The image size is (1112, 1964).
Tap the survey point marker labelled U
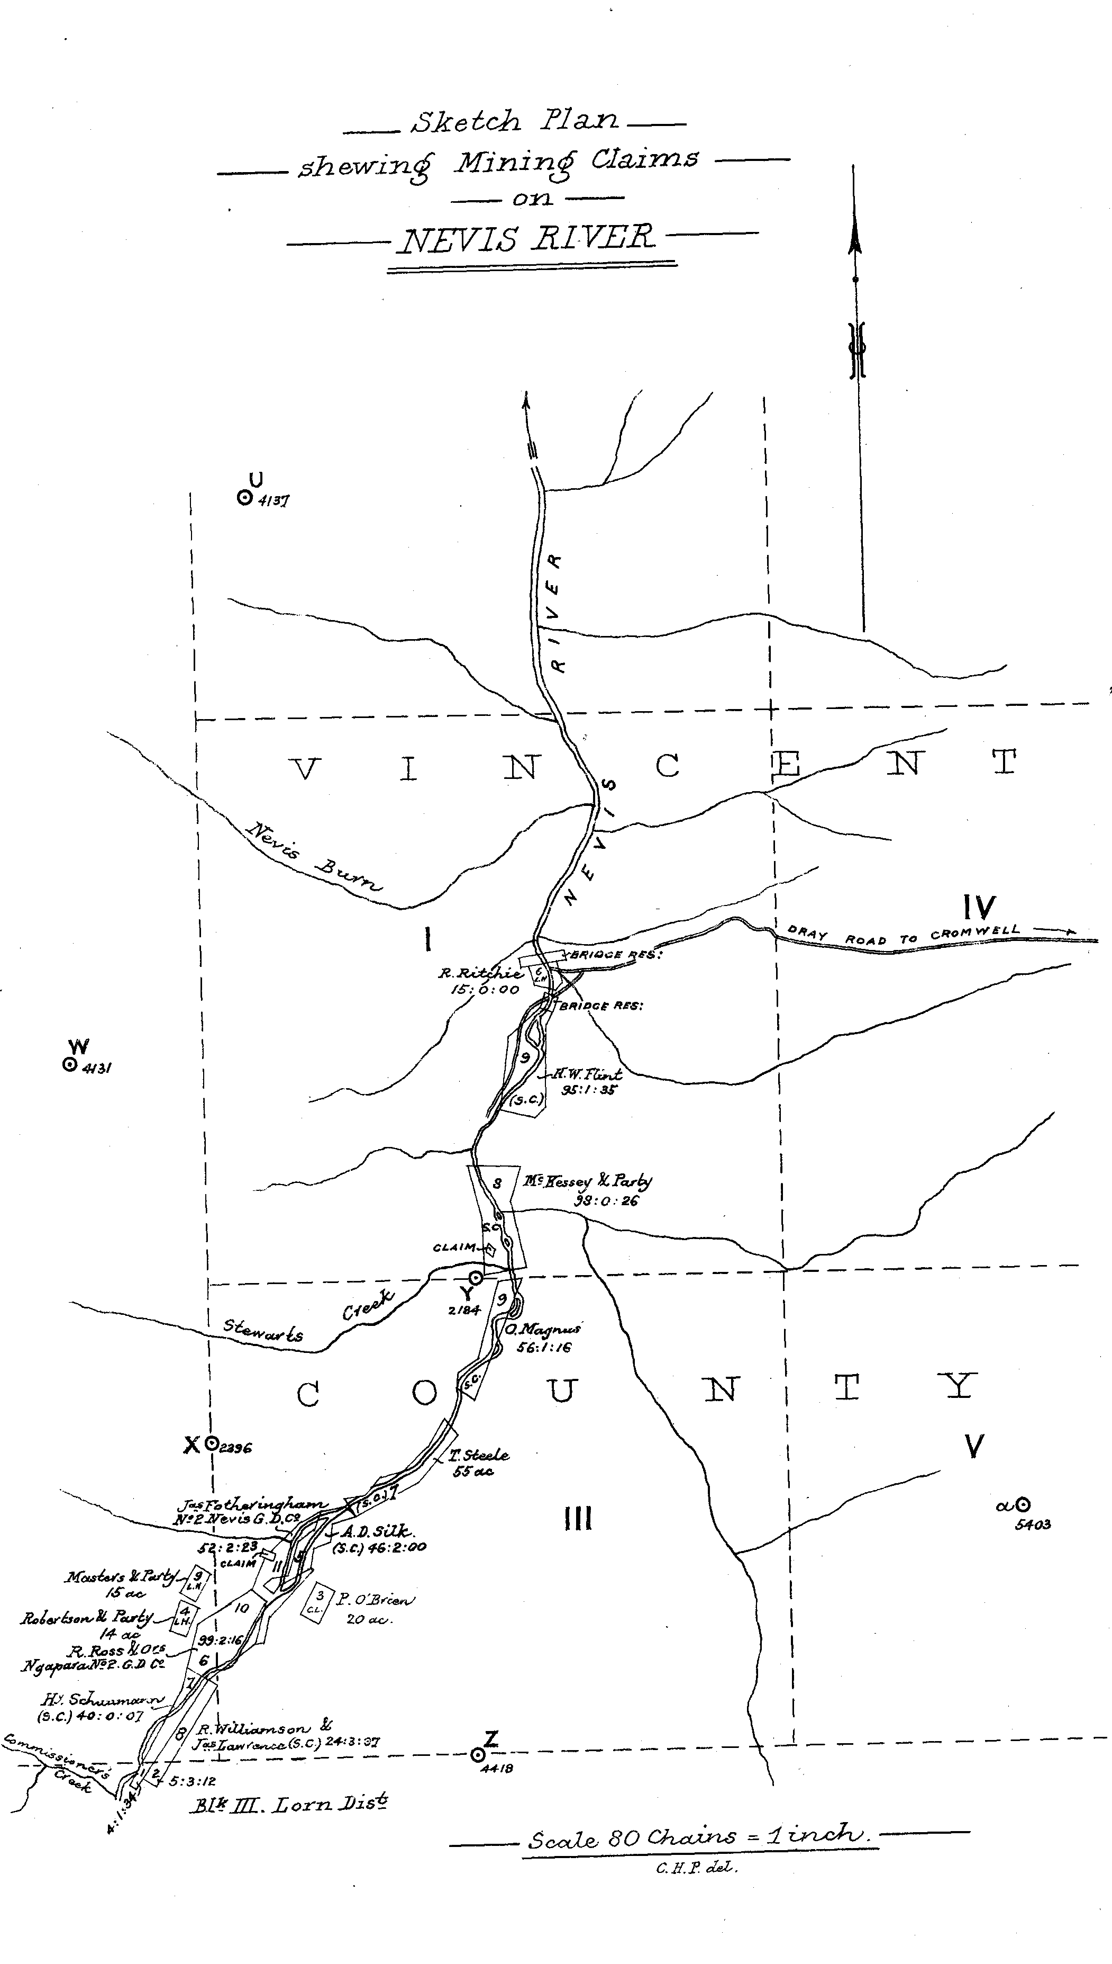245,498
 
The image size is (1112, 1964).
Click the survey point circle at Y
475,1277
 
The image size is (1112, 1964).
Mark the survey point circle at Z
478,1755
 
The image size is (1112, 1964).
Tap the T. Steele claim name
480,1454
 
